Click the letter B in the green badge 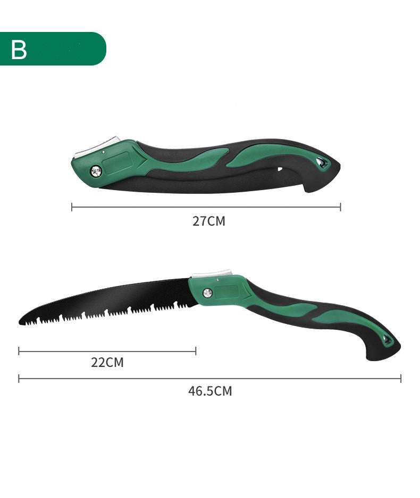[x=19, y=49]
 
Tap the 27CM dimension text [x=209, y=221]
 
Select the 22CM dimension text [x=107, y=363]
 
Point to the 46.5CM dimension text [x=210, y=391]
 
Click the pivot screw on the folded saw [x=96, y=171]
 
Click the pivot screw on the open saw [x=208, y=292]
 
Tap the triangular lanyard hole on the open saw [x=388, y=339]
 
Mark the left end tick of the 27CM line [x=72, y=207]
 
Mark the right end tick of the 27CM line [x=340, y=207]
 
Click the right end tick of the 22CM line [x=196, y=350]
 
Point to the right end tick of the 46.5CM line [x=401, y=379]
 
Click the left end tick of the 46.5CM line [x=19, y=379]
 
